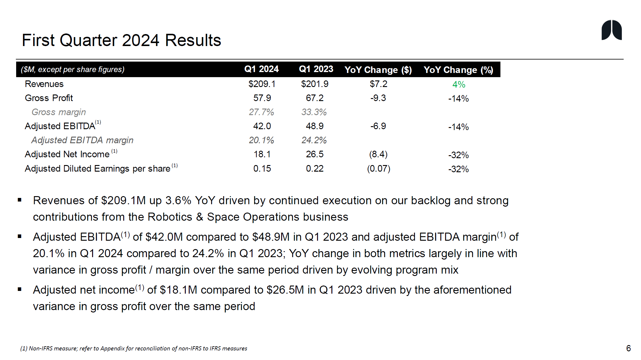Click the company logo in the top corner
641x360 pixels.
(611, 30)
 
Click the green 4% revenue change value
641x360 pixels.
(459, 85)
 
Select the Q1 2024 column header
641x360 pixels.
(261, 69)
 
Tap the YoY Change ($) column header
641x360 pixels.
(378, 70)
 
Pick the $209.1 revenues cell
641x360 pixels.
(262, 84)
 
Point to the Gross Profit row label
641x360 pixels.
(49, 98)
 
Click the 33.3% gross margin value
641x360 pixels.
(314, 112)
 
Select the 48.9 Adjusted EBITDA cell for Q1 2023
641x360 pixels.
(314, 126)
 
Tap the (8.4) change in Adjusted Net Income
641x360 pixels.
(378, 154)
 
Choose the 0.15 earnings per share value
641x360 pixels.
(262, 169)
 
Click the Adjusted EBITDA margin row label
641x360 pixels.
(82, 140)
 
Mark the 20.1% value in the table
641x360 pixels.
(261, 140)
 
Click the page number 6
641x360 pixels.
(628, 348)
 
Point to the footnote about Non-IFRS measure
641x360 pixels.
(134, 348)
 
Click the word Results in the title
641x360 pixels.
(193, 40)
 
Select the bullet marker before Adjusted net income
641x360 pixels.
(20, 289)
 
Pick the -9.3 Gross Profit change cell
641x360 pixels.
(378, 98)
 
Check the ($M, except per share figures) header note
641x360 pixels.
(73, 69)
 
